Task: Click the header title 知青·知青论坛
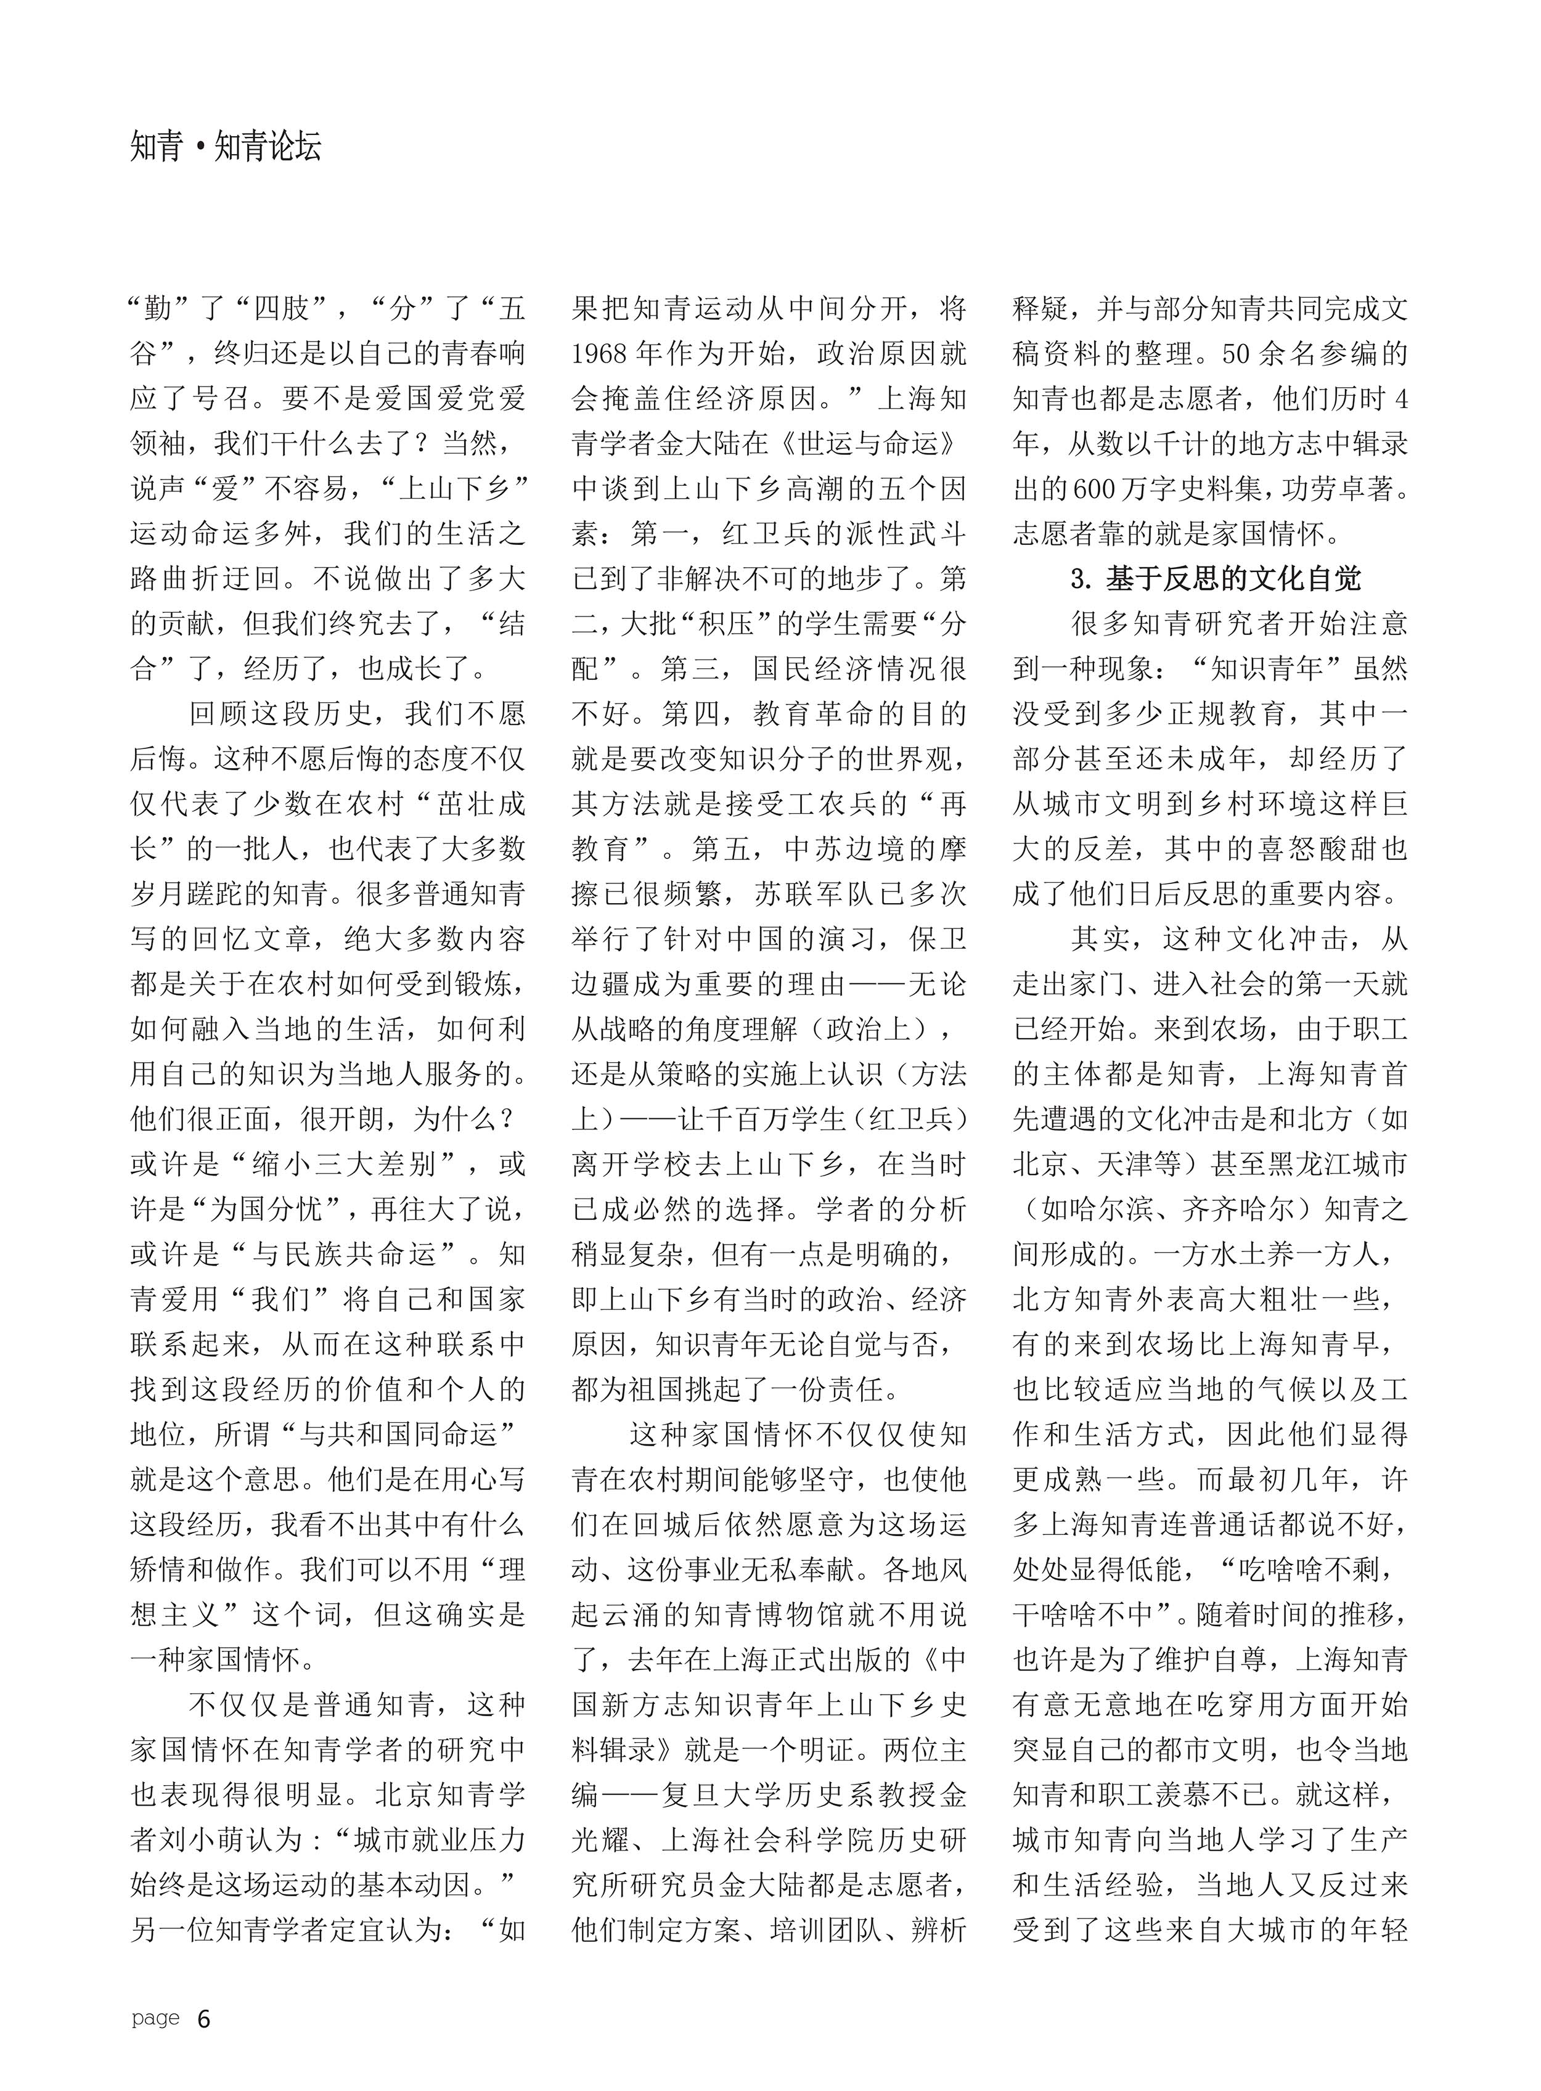point(227,147)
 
